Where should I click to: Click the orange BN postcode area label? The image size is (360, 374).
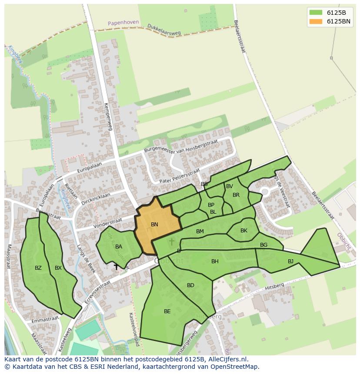[154, 225]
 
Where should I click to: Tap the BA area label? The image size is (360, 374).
[119, 247]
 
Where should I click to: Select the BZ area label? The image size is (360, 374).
[38, 268]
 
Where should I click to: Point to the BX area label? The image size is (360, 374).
[58, 268]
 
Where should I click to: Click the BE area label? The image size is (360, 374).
[167, 311]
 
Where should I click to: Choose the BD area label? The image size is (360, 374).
[190, 285]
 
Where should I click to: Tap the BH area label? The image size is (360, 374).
[215, 261]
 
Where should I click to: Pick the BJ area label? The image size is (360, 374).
[290, 261]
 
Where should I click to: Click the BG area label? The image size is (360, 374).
[263, 245]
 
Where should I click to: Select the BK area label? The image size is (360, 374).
[243, 231]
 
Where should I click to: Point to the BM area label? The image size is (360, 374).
[200, 232]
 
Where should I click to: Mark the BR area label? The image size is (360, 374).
[236, 195]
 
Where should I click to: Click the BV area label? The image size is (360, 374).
[230, 186]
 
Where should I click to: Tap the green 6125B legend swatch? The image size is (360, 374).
[316, 13]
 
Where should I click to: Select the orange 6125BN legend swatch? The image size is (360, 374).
[316, 21]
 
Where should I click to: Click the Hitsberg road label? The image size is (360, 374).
[274, 286]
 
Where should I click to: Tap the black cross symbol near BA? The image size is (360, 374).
[116, 267]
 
